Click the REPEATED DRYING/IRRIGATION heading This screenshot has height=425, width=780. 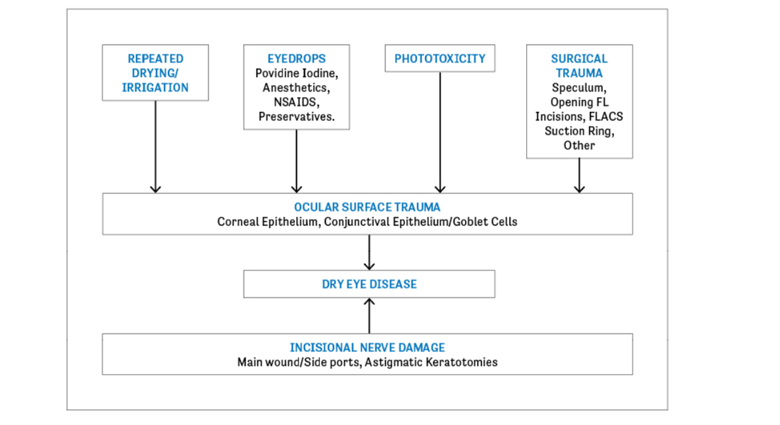tap(155, 73)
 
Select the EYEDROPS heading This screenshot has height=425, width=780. tap(296, 59)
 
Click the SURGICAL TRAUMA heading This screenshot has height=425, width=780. tap(579, 66)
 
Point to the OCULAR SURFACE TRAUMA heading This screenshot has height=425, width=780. tap(367, 207)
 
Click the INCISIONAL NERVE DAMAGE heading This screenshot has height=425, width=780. tap(367, 348)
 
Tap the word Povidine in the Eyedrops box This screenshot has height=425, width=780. tap(278, 73)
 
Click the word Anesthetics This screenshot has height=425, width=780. tap(296, 88)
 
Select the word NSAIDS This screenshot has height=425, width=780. tap(296, 102)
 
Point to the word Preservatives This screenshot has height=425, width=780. tap(296, 116)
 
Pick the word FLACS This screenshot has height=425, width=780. tap(606, 116)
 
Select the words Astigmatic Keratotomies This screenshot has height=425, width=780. tap(431, 362)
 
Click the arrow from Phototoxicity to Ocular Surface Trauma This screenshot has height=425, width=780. tap(440, 132)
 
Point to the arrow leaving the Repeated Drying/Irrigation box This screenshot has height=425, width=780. tap(155, 147)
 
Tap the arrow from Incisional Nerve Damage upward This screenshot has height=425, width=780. tap(369, 316)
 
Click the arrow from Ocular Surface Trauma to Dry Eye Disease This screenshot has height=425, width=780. tap(369, 252)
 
